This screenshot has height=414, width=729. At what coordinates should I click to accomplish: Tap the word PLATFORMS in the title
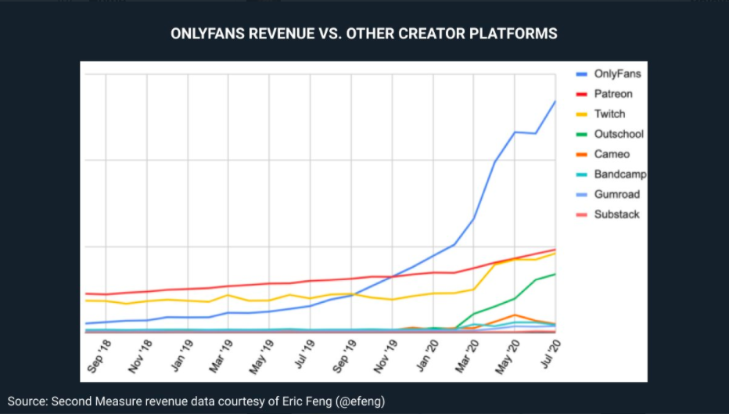[515, 34]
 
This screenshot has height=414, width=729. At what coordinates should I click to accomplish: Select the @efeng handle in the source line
[359, 401]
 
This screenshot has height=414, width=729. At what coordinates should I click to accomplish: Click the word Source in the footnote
[27, 401]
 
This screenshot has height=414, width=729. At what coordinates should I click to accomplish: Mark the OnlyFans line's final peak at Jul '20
[555, 101]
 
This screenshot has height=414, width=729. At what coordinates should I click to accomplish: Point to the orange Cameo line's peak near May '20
[514, 315]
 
